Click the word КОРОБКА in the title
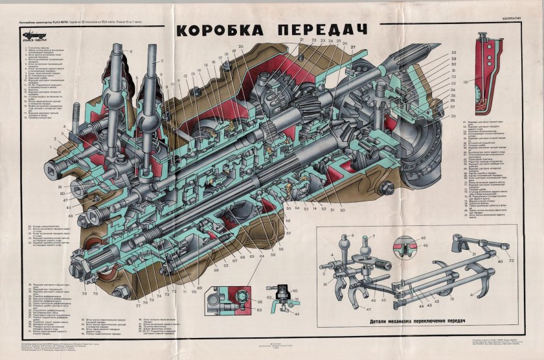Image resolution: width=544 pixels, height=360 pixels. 218,30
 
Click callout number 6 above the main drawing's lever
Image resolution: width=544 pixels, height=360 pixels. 130,51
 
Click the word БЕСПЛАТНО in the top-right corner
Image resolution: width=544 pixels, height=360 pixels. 516,19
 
